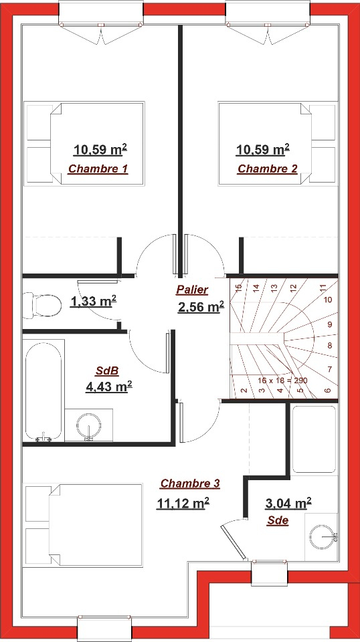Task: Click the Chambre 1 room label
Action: [98, 169]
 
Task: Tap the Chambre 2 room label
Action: [268, 169]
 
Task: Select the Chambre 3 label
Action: [190, 484]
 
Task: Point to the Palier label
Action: [192, 290]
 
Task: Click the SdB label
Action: [107, 371]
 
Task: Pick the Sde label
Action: [278, 520]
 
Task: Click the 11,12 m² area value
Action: [183, 502]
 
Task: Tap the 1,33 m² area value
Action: [94, 302]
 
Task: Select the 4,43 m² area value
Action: [108, 386]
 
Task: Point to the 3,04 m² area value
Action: [288, 503]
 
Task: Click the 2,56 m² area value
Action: [201, 307]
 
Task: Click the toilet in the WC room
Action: [41, 305]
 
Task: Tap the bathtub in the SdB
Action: [43, 391]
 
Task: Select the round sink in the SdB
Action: [88, 425]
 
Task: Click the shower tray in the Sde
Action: [314, 439]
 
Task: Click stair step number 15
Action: [239, 288]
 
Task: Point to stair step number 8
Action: [330, 346]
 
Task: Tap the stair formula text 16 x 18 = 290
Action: [282, 381]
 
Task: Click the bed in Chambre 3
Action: [84, 526]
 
